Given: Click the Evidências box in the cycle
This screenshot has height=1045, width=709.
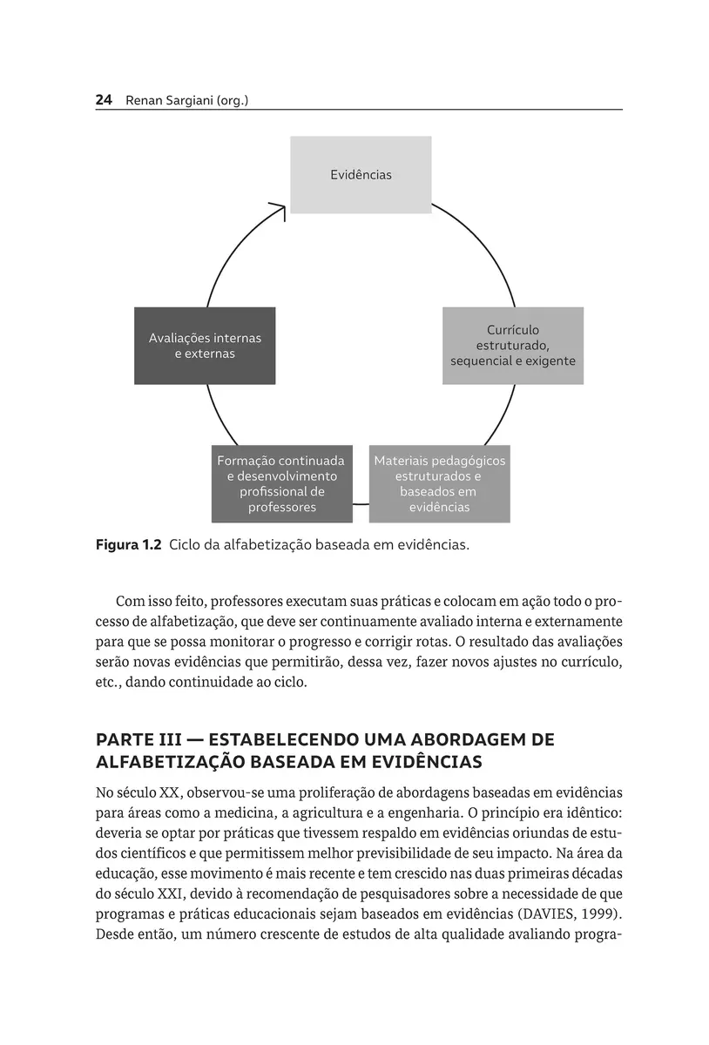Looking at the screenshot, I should click(x=361, y=175).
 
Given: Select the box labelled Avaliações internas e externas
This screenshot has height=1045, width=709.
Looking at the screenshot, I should click(x=205, y=346).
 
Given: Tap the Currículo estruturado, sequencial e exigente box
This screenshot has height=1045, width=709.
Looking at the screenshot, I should click(x=513, y=346).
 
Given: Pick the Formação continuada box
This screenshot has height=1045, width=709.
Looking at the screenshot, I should click(x=281, y=483).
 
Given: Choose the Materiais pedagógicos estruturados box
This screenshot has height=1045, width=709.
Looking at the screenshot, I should click(x=440, y=483).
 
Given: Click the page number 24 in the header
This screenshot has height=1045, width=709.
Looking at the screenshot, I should click(x=104, y=101).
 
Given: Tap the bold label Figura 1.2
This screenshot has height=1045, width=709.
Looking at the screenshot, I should click(x=128, y=546).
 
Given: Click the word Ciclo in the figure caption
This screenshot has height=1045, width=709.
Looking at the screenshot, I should click(x=186, y=546).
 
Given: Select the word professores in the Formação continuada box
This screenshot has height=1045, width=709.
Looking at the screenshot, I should click(x=281, y=508).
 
